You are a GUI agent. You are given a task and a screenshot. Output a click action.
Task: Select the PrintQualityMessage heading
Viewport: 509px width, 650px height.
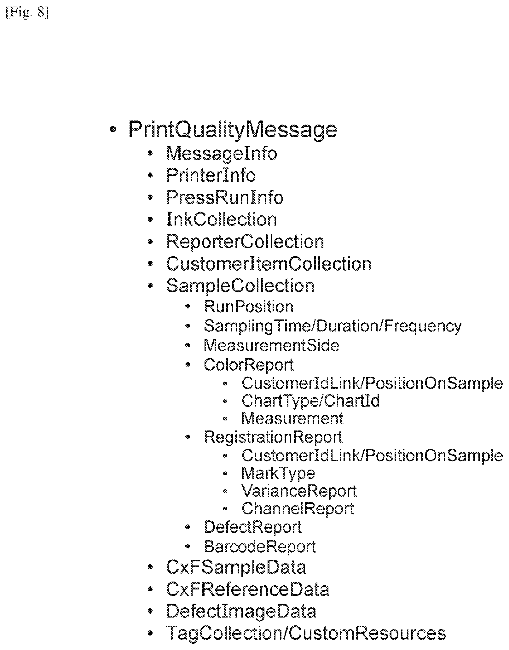click(x=233, y=130)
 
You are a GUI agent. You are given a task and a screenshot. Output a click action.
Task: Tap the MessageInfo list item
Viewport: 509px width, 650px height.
click(x=222, y=153)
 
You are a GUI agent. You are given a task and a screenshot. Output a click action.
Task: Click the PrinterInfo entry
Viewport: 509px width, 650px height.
click(x=211, y=175)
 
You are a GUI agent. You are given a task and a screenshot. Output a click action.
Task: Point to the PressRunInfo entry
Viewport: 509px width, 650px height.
click(x=225, y=197)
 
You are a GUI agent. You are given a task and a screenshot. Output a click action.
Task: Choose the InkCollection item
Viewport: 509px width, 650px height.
click(x=222, y=220)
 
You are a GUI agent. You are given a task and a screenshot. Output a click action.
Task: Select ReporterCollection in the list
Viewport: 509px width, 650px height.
click(x=245, y=242)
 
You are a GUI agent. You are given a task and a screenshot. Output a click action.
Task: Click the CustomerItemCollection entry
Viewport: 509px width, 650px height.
click(x=269, y=264)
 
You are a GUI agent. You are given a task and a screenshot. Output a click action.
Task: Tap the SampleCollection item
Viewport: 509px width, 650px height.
click(x=240, y=286)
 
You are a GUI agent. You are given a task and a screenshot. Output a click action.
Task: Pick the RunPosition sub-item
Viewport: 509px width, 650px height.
click(x=249, y=307)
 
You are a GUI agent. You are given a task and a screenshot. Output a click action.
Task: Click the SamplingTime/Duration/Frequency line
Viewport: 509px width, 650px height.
click(x=333, y=326)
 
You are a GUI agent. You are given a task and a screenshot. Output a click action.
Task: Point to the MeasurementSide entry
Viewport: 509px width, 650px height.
click(x=271, y=345)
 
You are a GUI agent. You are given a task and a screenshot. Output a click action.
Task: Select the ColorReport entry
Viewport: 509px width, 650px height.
click(x=249, y=365)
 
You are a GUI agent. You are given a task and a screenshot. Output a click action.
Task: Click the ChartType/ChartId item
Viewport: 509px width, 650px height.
click(x=310, y=401)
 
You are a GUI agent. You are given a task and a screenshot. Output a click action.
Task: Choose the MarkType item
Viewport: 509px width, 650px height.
click(x=278, y=473)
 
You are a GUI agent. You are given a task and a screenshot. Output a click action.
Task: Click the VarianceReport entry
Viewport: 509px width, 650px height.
click(x=299, y=491)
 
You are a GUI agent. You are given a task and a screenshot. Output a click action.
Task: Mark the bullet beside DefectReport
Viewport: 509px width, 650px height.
click(x=188, y=527)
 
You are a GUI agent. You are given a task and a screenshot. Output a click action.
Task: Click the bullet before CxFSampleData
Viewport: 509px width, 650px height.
click(x=150, y=568)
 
